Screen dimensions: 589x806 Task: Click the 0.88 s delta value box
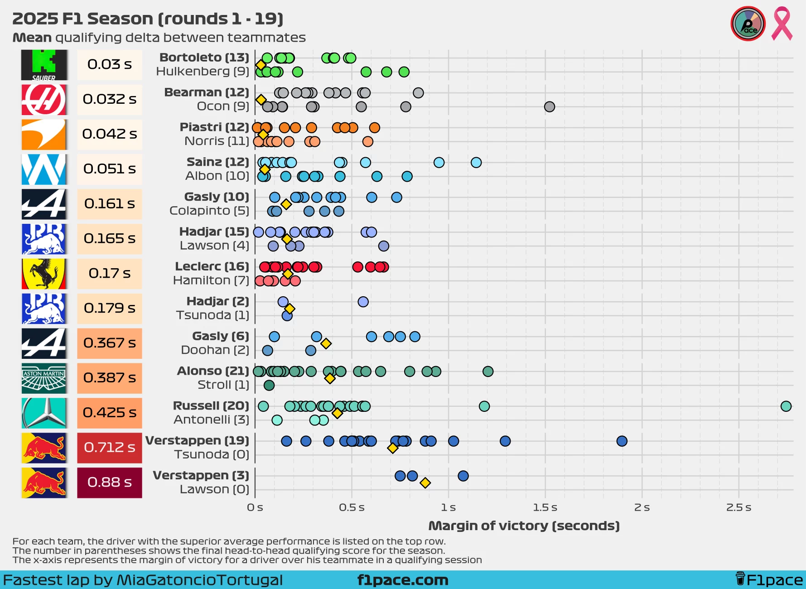pos(110,483)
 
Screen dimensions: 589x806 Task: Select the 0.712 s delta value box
pos(110,448)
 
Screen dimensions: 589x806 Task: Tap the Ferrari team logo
pos(44,274)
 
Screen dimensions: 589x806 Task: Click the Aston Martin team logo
pos(44,378)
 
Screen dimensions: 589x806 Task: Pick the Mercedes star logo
pos(44,413)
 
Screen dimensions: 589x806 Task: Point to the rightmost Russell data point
pos(786,406)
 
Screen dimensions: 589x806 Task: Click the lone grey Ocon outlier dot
pos(550,107)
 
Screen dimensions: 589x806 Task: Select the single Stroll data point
pos(269,386)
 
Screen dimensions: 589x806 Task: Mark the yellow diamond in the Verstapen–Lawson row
pos(425,483)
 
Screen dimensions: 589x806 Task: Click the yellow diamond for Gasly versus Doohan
pos(326,343)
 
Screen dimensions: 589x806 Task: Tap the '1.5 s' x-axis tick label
pos(545,507)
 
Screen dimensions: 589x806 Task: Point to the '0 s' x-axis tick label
pos(255,507)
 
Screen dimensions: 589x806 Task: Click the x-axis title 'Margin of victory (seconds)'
pos(524,526)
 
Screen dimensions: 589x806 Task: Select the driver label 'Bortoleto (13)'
pos(204,58)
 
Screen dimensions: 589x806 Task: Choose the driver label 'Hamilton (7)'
pos(211,280)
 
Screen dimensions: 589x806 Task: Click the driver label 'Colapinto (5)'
pos(209,211)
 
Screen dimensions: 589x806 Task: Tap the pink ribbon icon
pos(782,24)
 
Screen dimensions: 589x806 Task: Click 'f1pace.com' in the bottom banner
pos(403,580)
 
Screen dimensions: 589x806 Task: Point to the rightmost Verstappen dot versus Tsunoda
pos(622,441)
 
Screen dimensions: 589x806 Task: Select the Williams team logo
pos(44,169)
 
